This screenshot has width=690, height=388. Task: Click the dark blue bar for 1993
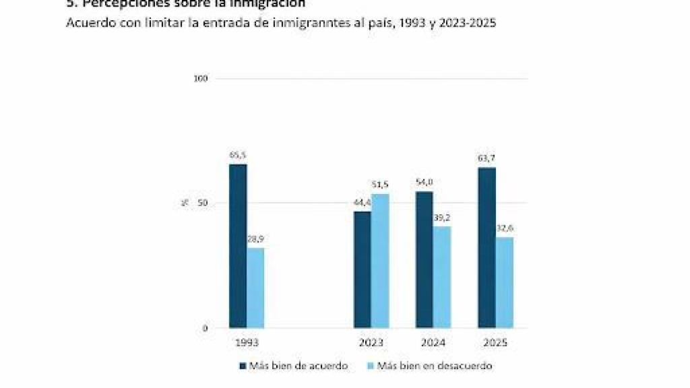click(238, 246)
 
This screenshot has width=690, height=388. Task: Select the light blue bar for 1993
click(255, 288)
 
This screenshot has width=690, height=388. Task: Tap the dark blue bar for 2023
click(363, 269)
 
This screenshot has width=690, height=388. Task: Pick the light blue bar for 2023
click(380, 261)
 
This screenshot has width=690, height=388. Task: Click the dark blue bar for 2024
click(425, 259)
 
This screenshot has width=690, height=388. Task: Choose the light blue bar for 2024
click(442, 277)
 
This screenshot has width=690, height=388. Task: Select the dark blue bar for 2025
click(487, 247)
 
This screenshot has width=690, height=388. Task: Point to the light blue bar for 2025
click(505, 282)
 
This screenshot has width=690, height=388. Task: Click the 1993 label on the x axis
click(247, 343)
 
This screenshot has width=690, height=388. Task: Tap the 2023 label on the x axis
click(371, 343)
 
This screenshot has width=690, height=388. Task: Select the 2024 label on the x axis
click(433, 343)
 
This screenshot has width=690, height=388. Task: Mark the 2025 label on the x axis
click(495, 343)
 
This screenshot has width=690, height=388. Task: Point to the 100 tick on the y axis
click(201, 78)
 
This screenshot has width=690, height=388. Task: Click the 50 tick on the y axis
click(202, 203)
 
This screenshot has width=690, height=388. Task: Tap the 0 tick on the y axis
click(205, 328)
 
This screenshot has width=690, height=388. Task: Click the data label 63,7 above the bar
click(487, 158)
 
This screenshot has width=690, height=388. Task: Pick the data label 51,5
click(380, 185)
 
